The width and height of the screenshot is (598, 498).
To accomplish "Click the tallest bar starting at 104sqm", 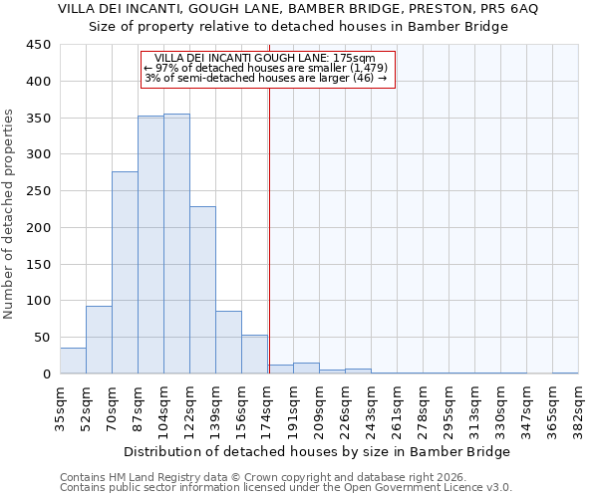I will pos(176,244).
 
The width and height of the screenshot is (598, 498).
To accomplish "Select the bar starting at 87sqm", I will pos(150,245).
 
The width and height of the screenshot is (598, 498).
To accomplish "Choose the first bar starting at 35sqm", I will pos(73,361).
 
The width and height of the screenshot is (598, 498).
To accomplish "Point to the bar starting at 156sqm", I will pos(254,355).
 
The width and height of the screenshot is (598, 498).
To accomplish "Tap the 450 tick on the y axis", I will pos(39,45).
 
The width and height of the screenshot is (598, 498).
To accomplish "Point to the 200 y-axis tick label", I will pos(39,228).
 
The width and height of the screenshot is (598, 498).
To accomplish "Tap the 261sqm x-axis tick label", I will pos(398,408).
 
